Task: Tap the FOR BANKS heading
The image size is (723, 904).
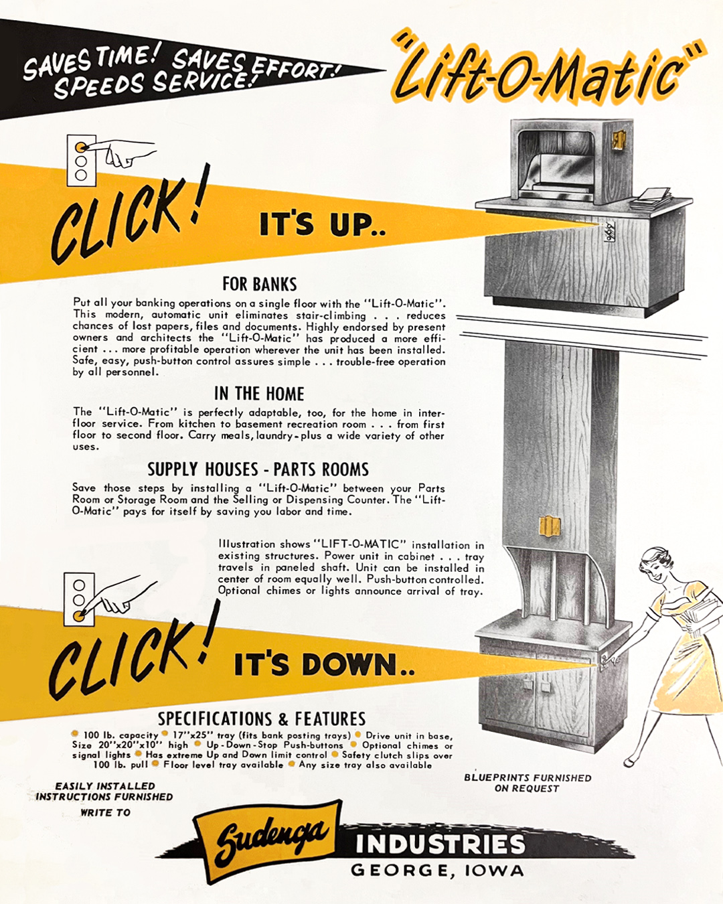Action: click(260, 284)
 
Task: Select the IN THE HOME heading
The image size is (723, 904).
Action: click(259, 394)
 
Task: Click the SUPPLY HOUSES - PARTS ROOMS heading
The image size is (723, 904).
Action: click(258, 469)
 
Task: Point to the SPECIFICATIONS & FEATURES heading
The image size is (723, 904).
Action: click(262, 719)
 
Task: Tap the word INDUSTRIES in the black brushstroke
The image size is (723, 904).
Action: click(440, 844)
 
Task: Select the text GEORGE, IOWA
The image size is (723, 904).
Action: click(437, 871)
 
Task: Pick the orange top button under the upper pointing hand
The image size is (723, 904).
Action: click(81, 147)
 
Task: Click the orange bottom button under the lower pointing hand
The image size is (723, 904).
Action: click(79, 615)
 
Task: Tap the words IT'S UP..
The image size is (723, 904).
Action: click(323, 225)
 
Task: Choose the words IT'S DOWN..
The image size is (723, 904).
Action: click(324, 664)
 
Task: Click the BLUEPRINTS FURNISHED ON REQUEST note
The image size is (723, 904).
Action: click(528, 783)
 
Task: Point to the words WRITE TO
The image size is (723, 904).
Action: click(105, 812)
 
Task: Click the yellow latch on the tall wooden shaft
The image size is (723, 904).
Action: click(549, 526)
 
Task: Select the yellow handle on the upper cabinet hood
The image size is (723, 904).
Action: click(619, 140)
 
